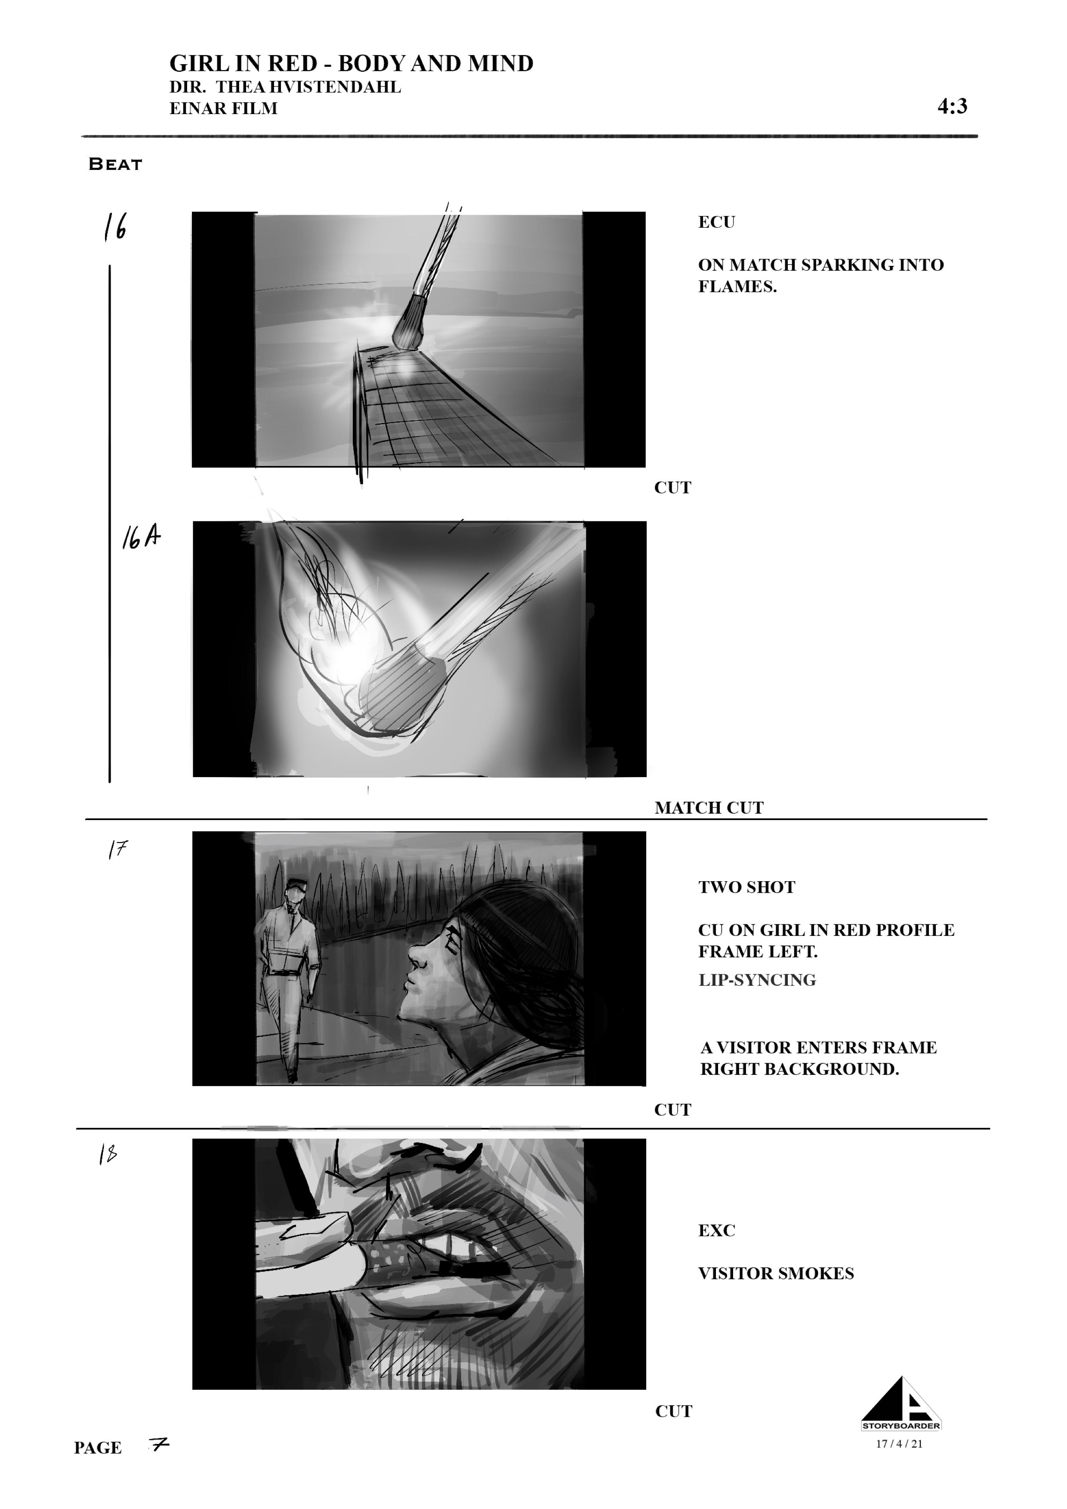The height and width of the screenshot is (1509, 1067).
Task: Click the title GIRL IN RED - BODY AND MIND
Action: (352, 64)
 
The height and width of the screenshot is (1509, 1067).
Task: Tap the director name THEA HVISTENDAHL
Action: (309, 87)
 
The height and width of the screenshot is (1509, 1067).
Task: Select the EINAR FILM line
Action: (223, 108)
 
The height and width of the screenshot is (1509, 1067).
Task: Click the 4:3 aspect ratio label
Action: (952, 106)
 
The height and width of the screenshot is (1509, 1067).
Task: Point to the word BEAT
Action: (116, 164)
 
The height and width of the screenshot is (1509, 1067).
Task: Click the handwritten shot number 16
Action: (115, 227)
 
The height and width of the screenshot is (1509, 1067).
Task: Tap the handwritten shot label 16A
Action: (141, 538)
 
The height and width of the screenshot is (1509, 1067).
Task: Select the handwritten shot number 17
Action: (117, 850)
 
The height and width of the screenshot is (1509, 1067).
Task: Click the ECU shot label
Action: (716, 222)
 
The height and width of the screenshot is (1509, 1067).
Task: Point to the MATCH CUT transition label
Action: (709, 808)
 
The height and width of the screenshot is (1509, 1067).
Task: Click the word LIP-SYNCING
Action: (757, 980)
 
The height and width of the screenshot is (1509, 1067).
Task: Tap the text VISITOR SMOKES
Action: (776, 1274)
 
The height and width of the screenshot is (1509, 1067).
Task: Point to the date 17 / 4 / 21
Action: (900, 1444)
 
